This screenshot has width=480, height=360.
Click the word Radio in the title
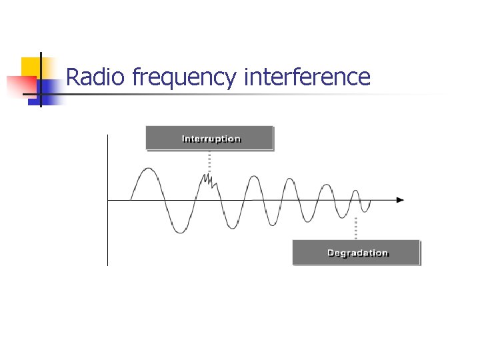(95, 77)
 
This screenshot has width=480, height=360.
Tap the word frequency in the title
(183, 79)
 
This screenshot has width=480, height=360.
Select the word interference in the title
(307, 77)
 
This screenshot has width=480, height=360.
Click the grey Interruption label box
(210, 139)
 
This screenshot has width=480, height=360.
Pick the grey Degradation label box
(357, 253)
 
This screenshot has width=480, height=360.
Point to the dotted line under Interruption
(210, 161)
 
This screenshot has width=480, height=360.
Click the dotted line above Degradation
(356, 228)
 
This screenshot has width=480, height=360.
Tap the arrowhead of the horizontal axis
(400, 199)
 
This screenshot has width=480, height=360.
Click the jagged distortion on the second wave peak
(209, 179)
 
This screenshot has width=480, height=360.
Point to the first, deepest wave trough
(179, 231)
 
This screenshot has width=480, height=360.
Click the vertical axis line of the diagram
(107, 200)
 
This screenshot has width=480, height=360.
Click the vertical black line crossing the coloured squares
(41, 80)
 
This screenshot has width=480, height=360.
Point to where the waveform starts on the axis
(131, 199)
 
